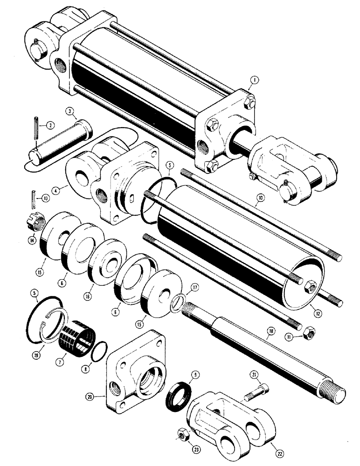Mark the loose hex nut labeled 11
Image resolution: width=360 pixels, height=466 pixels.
coord(308,333)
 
